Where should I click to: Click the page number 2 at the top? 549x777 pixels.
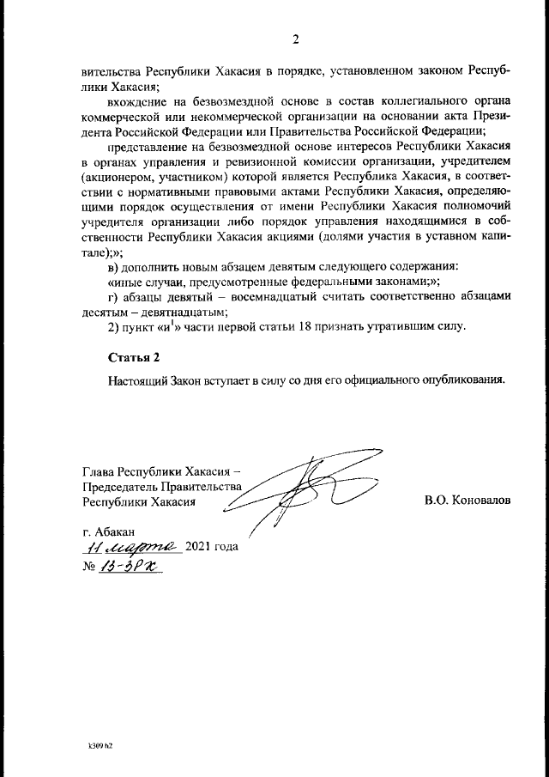point(296,39)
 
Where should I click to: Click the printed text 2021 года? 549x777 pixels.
point(212,547)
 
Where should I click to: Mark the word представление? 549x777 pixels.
point(149,145)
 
